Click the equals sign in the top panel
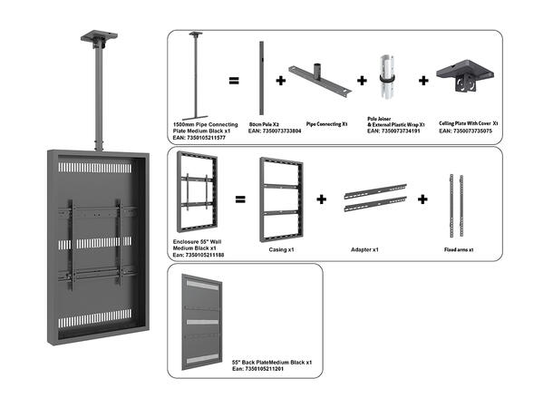(233, 81)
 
